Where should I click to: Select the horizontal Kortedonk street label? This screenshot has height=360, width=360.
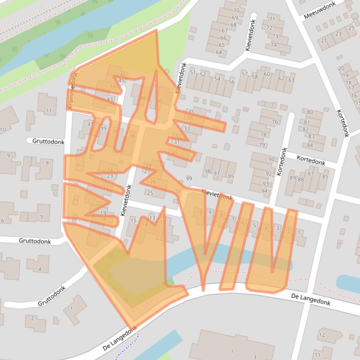click(311, 160)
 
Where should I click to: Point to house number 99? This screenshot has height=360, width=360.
click(189, 179)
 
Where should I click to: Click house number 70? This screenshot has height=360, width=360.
click(236, 10)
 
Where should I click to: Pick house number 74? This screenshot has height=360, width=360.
click(274, 45)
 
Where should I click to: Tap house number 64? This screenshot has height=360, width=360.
click(219, 52)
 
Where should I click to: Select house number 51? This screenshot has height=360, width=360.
click(192, 72)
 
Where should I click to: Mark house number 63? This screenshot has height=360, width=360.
click(292, 80)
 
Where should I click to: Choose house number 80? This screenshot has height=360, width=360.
click(310, 112)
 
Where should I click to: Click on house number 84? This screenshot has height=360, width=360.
click(310, 146)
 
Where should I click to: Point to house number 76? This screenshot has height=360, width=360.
click(275, 122)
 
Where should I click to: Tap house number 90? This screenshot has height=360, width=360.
click(272, 159)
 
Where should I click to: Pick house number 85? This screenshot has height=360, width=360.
click(325, 177)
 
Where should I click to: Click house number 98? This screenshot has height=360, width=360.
click(207, 172)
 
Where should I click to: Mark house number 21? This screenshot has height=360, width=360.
click(323, 41)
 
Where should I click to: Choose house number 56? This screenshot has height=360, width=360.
click(232, 82)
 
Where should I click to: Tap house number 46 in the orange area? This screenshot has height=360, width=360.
click(123, 75)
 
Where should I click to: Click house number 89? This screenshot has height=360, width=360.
click(293, 178)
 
